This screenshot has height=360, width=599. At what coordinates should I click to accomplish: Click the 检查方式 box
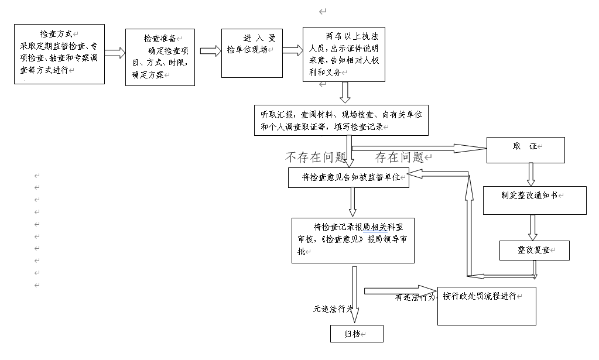59,54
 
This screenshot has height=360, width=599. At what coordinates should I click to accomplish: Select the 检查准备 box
160,57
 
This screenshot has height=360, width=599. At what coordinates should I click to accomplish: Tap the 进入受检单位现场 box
252,53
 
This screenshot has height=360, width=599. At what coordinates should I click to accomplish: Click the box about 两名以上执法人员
344,54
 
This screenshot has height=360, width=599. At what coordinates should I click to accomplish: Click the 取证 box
525,150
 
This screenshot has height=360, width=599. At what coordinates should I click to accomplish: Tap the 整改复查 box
534,250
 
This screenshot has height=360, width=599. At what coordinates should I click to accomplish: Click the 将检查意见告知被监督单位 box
348,177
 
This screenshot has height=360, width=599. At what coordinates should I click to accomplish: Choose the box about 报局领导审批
352,241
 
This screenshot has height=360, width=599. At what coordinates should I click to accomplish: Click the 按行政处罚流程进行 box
486,306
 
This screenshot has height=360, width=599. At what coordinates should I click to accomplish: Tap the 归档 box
356,334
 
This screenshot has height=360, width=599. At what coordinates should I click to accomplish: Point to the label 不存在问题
316,157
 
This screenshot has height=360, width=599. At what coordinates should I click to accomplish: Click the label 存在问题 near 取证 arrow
401,157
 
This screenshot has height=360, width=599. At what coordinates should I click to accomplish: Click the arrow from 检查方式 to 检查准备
115,53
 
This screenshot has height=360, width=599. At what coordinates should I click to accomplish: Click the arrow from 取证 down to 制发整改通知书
531,174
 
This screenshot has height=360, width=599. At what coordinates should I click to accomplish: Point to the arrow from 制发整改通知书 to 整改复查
533,227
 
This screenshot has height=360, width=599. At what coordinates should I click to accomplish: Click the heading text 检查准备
160,38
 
